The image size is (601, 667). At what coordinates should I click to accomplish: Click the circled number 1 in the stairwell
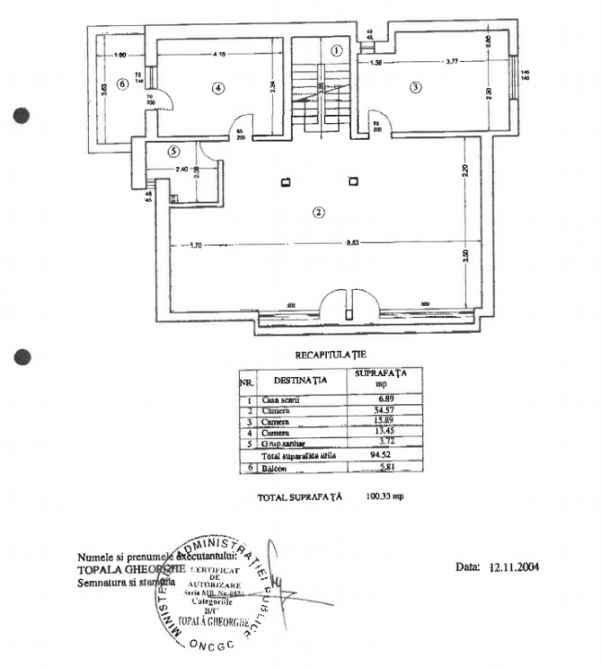pyautogui.click(x=337, y=50)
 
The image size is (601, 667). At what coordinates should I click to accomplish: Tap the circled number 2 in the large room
pyautogui.click(x=318, y=211)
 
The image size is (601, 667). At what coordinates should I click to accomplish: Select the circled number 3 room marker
pyautogui.click(x=416, y=87)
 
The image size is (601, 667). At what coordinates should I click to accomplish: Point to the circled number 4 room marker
pyautogui.click(x=219, y=88)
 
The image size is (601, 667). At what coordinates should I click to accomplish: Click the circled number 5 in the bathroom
pyautogui.click(x=173, y=151)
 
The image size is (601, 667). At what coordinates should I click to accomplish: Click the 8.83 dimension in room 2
pyautogui.click(x=352, y=245)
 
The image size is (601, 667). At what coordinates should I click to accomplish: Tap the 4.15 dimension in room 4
pyautogui.click(x=219, y=55)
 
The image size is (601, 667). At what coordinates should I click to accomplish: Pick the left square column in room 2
pyautogui.click(x=287, y=181)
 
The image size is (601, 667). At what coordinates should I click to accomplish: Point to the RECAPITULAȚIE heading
pyautogui.click(x=331, y=353)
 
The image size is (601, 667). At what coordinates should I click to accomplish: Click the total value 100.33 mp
pyautogui.click(x=385, y=497)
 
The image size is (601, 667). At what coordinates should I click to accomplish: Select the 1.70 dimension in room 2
pyautogui.click(x=194, y=245)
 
